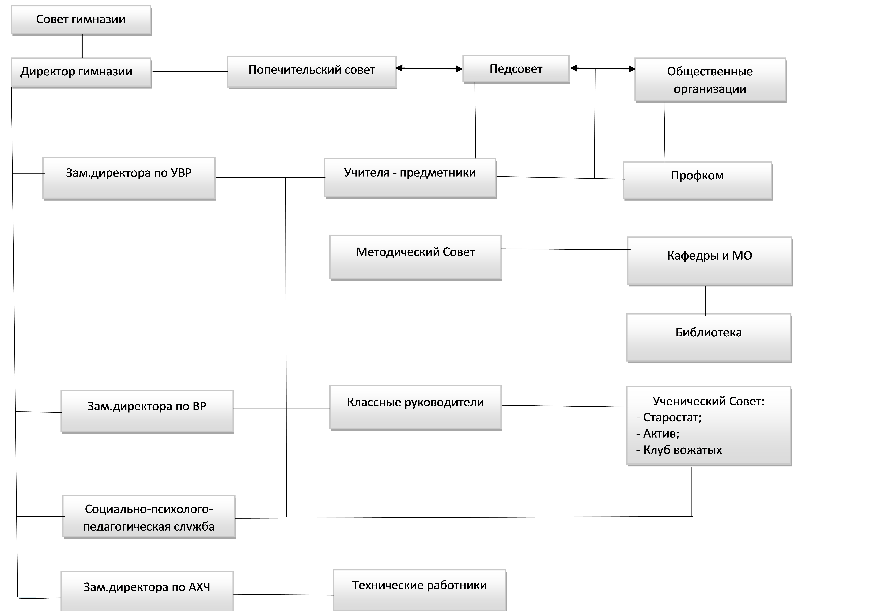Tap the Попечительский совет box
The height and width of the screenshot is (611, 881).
point(312,72)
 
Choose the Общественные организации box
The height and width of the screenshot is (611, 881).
point(710,80)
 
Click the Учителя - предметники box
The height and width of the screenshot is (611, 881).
point(410,178)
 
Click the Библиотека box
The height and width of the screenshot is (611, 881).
point(709,338)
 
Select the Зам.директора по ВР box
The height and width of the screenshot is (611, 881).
point(147,411)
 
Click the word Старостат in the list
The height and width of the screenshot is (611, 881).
point(671,417)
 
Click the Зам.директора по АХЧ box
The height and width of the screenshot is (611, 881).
point(147,591)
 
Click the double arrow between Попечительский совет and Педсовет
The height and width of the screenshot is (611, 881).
point(429,69)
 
